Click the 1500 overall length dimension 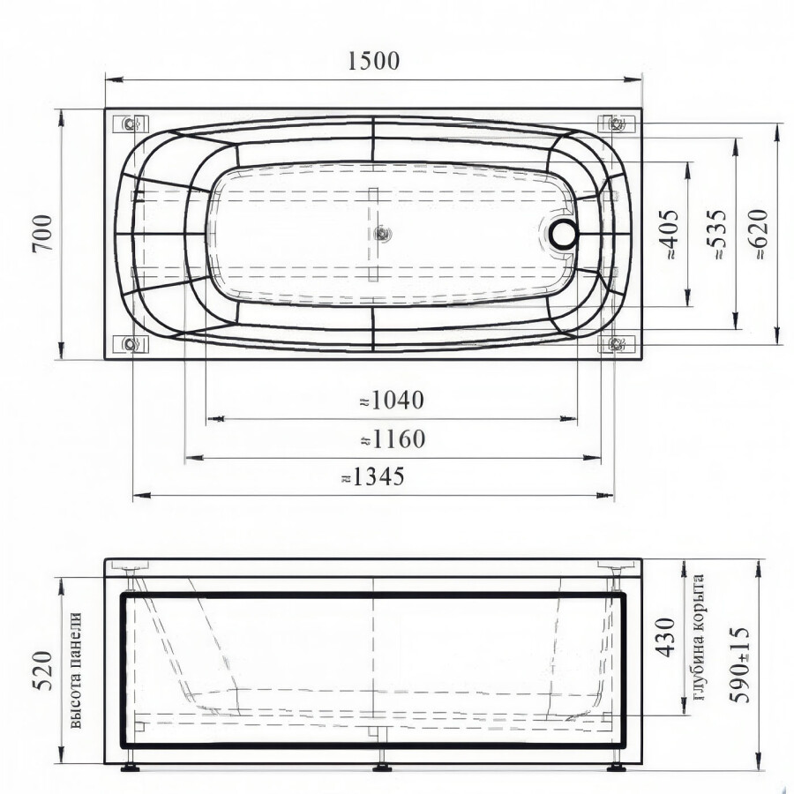click(374, 61)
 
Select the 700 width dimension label click(42, 233)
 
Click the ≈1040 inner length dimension click(392, 400)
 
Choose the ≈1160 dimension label click(393, 439)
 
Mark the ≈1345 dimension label click(373, 476)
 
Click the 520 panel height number click(42, 670)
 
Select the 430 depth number click(665, 637)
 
